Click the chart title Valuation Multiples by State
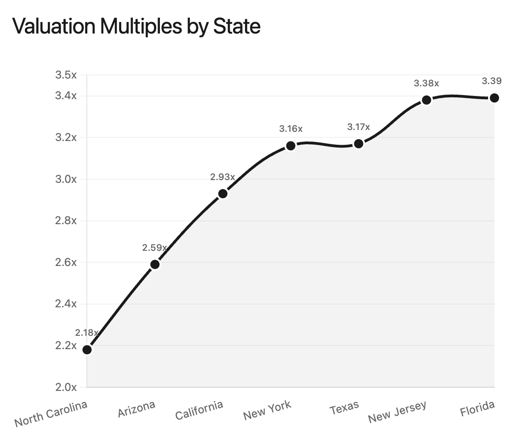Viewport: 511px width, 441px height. [136, 26]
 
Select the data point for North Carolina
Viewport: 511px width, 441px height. [87, 350]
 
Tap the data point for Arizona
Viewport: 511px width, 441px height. [155, 265]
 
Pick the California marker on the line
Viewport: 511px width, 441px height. [223, 194]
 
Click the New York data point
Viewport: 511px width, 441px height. [291, 146]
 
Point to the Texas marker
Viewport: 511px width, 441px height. [359, 144]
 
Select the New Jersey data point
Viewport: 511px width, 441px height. [426, 100]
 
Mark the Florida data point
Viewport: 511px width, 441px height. [494, 98]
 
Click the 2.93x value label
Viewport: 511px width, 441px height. [222, 177]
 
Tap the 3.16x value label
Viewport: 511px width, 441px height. [291, 129]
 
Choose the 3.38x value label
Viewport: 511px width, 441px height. [426, 84]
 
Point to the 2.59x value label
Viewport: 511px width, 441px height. [155, 248]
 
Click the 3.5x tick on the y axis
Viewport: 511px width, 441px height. [66, 75]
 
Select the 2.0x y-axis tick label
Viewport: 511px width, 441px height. [66, 387]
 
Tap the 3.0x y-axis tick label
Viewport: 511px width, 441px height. [66, 179]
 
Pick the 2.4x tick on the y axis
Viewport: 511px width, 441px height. [66, 304]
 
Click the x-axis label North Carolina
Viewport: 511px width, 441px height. [51, 413]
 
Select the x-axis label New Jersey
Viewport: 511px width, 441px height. [397, 412]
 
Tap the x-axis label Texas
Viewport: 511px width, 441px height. [345, 407]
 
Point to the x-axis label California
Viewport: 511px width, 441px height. [199, 410]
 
